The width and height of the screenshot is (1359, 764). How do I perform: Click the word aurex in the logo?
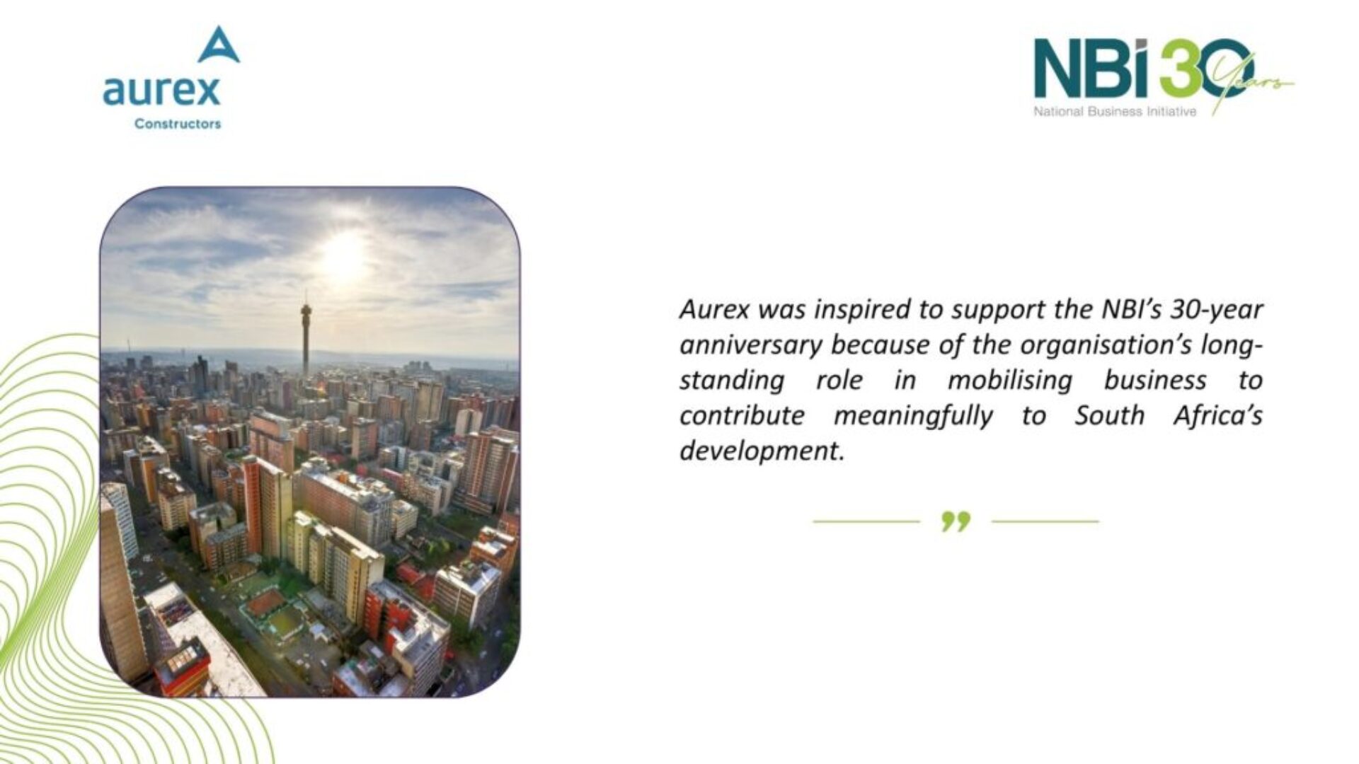tap(161, 91)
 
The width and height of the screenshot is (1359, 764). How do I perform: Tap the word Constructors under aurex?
tap(178, 124)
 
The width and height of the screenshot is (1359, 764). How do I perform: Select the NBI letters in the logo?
tap(1091, 69)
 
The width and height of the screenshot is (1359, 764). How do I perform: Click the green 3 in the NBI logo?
tap(1179, 69)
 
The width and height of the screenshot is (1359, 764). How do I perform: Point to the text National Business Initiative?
tap(1115, 111)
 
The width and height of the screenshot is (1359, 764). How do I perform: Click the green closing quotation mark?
tap(956, 522)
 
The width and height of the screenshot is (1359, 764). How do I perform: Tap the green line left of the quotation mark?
tap(866, 521)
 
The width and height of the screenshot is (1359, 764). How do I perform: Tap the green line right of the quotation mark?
tap(1045, 521)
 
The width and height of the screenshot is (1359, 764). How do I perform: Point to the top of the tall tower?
tap(306, 294)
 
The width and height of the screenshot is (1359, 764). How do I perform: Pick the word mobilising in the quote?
tap(1010, 381)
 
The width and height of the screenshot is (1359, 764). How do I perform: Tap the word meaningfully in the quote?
tap(913, 417)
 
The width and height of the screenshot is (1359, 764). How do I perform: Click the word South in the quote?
tap(1109, 415)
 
